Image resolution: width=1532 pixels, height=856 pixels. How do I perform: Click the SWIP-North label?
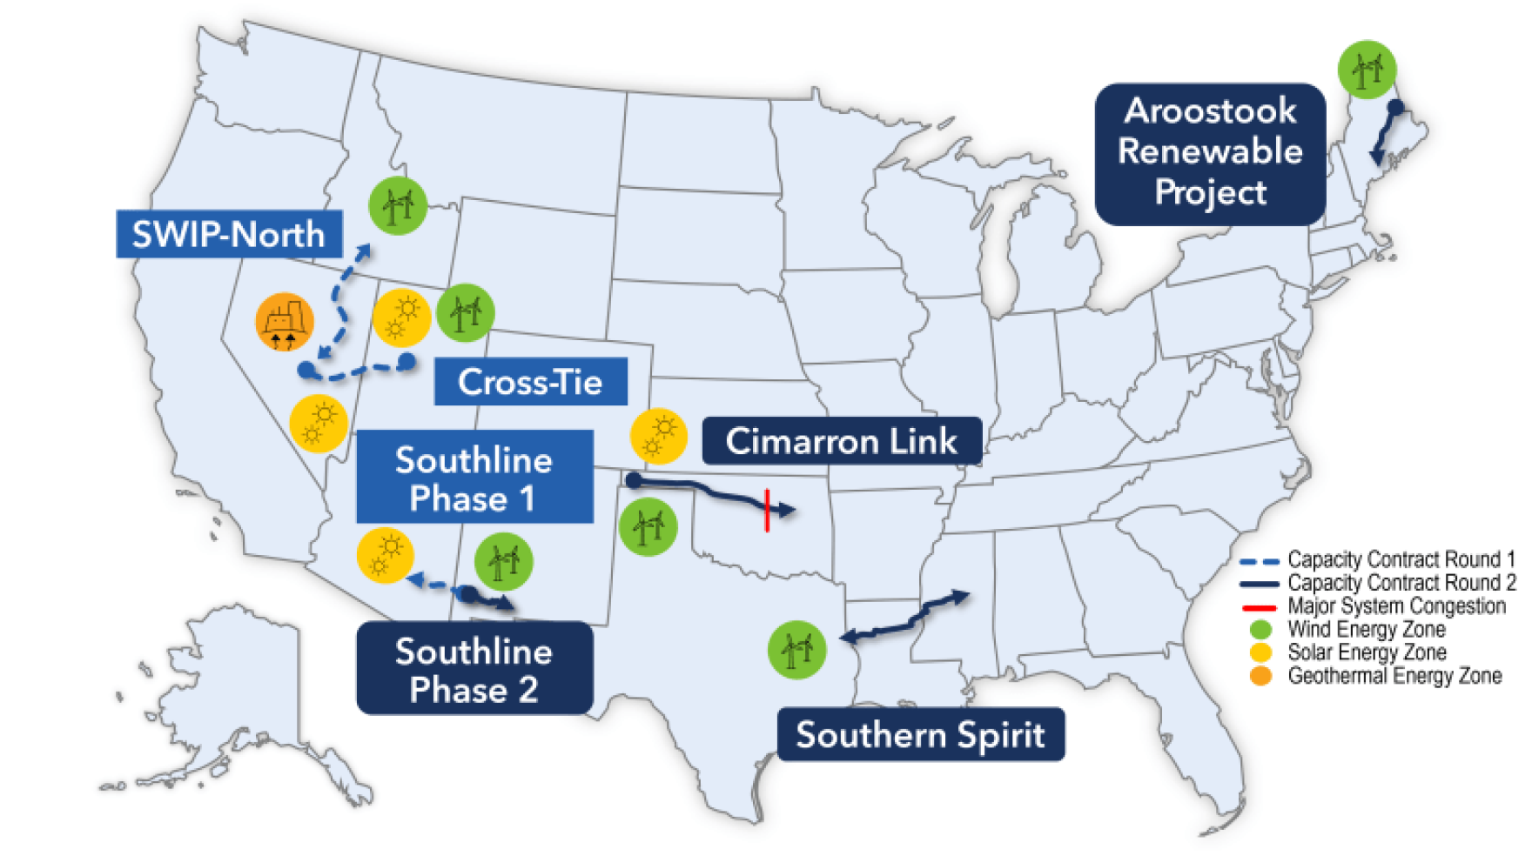(228, 234)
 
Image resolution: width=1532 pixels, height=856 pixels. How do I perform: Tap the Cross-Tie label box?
(530, 382)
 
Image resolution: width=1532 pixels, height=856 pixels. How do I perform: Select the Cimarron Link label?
(841, 441)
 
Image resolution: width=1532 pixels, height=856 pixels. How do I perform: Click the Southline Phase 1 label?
(474, 478)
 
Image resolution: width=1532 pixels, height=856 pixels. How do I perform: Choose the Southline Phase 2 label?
(474, 669)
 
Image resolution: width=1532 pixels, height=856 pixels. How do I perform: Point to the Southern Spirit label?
(920, 735)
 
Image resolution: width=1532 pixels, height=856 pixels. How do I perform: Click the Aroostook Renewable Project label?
(1210, 153)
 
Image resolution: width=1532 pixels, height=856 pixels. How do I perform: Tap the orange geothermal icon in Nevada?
(284, 321)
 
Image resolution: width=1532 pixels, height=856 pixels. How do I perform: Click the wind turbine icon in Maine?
(1367, 69)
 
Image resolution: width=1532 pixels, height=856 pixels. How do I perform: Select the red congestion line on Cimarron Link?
(767, 510)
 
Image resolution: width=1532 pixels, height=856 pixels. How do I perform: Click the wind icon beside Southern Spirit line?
(796, 650)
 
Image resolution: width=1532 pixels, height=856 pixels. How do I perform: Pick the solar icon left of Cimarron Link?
(659, 436)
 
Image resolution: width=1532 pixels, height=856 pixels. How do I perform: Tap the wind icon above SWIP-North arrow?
(398, 206)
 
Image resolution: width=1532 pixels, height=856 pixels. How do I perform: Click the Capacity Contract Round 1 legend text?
(1401, 559)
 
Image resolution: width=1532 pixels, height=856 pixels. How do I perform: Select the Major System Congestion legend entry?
(1395, 606)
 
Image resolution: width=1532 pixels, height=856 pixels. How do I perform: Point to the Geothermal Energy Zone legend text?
(1394, 676)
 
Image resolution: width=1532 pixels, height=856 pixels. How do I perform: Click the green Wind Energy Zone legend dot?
(1260, 629)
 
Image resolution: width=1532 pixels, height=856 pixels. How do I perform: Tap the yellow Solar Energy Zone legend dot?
(1260, 652)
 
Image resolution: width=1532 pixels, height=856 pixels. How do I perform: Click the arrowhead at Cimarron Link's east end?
(787, 510)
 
